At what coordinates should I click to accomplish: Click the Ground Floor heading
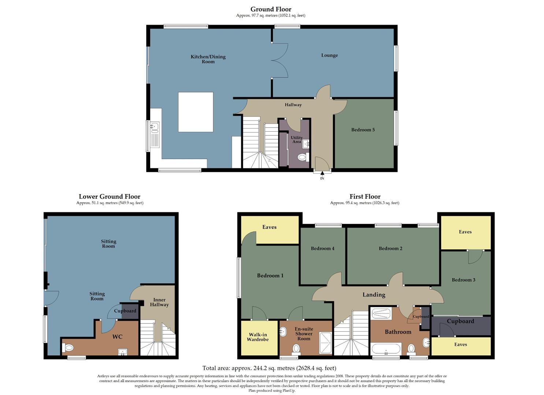point(271,9)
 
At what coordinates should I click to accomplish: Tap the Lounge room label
point(329,55)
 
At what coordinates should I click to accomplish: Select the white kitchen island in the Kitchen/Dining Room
point(196,112)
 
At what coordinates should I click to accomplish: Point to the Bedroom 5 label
point(363,130)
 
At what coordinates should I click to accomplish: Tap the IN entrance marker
point(322,178)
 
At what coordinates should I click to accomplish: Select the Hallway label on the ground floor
point(293,105)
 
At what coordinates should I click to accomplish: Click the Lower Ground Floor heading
point(110,196)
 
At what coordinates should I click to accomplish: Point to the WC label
point(117,336)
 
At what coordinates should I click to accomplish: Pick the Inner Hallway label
point(159,302)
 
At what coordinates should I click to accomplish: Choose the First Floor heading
point(364,196)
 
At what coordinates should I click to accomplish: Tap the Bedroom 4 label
point(322,248)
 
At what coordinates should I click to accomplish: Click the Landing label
point(374,295)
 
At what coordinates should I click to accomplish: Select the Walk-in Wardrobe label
point(258,337)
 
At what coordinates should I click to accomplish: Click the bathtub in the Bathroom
point(386,349)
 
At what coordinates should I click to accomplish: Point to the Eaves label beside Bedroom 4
point(269,227)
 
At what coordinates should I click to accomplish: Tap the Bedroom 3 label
point(463,280)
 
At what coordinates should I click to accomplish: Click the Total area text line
point(269,368)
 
